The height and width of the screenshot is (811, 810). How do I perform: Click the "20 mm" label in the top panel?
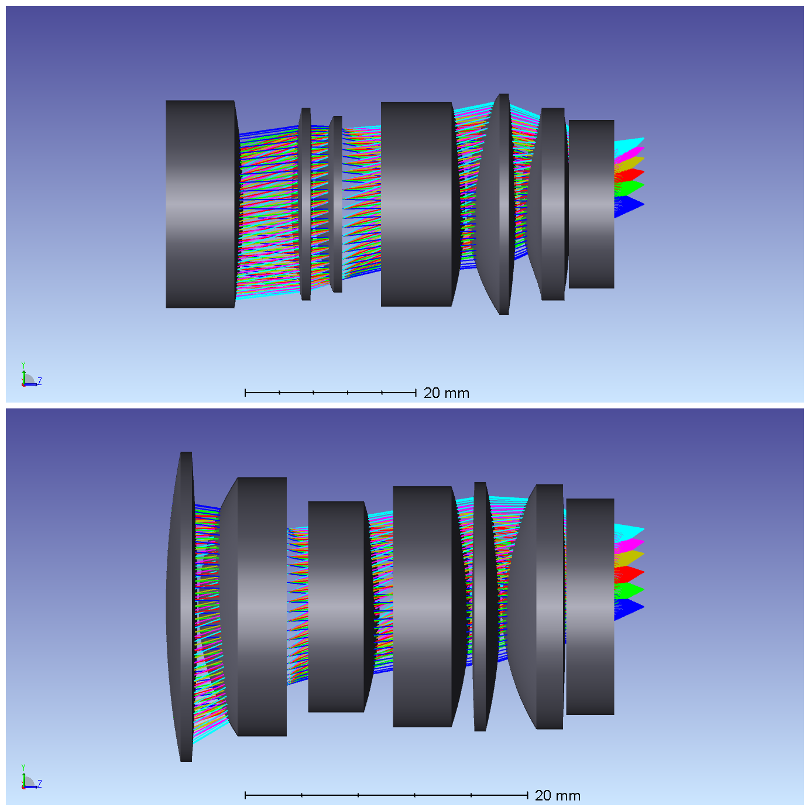click(446, 393)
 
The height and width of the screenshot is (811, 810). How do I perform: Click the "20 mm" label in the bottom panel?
click(557, 795)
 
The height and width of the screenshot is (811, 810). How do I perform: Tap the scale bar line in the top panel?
click(331, 393)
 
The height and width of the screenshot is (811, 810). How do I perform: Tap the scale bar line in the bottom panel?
click(386, 795)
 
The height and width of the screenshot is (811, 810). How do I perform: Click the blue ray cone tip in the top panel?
click(643, 205)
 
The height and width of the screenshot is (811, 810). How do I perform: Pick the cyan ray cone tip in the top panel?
click(643, 138)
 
